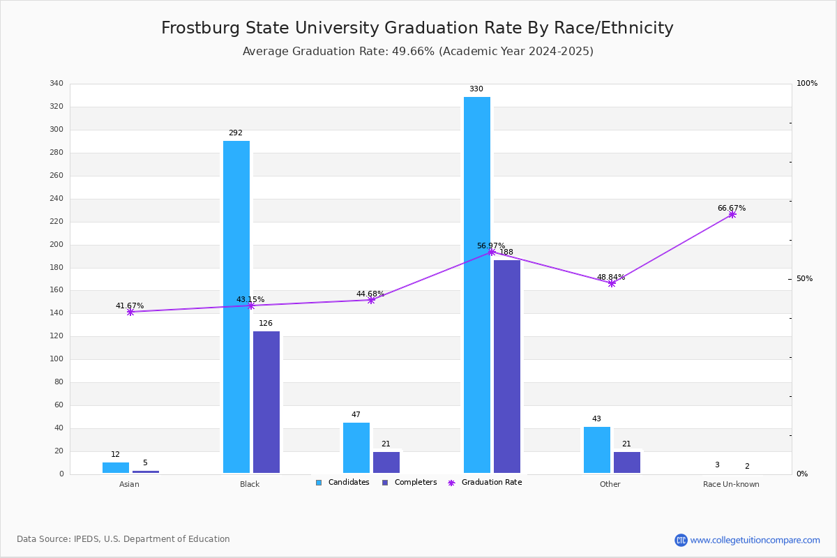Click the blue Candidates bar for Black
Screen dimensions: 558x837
236,307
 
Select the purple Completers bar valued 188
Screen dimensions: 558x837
507,366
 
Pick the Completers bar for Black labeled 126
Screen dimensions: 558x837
266,402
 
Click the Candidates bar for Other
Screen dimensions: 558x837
597,450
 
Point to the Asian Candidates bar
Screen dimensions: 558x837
116,467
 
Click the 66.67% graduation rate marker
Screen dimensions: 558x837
732,214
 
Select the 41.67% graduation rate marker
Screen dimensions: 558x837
130,312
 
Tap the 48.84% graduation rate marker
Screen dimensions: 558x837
612,283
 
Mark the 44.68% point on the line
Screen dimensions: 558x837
371,300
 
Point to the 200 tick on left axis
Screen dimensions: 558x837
56,245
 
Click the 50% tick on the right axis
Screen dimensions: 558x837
804,279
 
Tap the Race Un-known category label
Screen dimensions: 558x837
731,484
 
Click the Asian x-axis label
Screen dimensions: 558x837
129,484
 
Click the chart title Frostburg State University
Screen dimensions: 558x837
417,28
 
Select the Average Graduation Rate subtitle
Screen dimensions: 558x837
418,52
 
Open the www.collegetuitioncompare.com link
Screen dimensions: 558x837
755,540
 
